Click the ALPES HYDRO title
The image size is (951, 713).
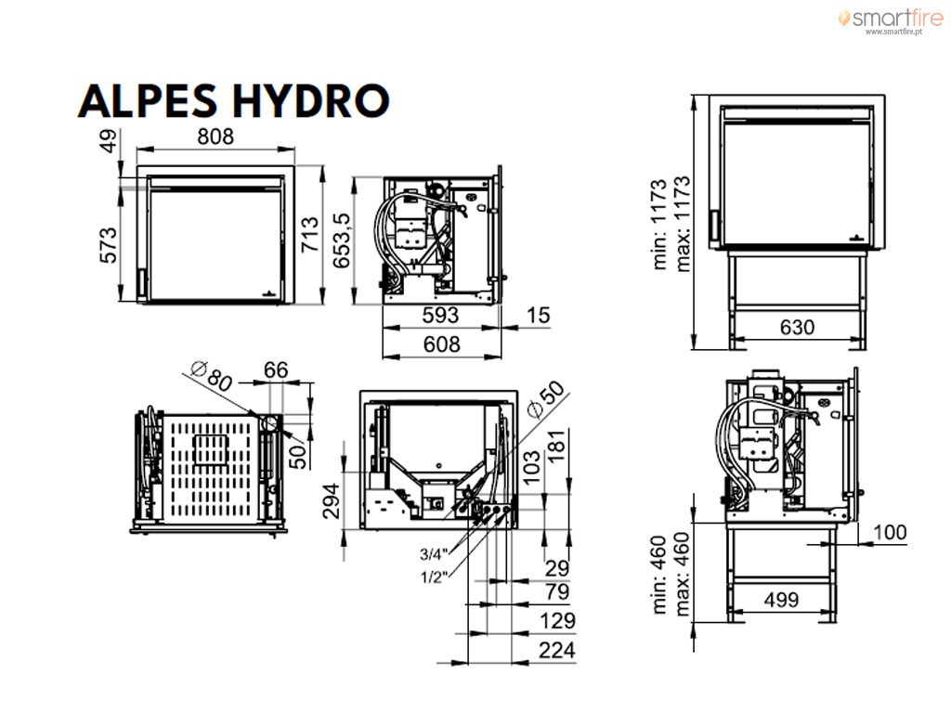coord(233,100)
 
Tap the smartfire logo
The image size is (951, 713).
coord(891,20)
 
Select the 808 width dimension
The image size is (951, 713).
coord(215,136)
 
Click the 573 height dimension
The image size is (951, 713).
coord(108,245)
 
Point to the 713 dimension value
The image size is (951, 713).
coord(310,235)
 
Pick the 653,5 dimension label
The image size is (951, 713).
coord(342,240)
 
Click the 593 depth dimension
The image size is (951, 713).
coord(440,316)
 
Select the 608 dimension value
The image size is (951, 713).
coord(441,344)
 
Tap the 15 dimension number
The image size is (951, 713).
coord(538,316)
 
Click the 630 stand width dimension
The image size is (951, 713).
coord(797,328)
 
